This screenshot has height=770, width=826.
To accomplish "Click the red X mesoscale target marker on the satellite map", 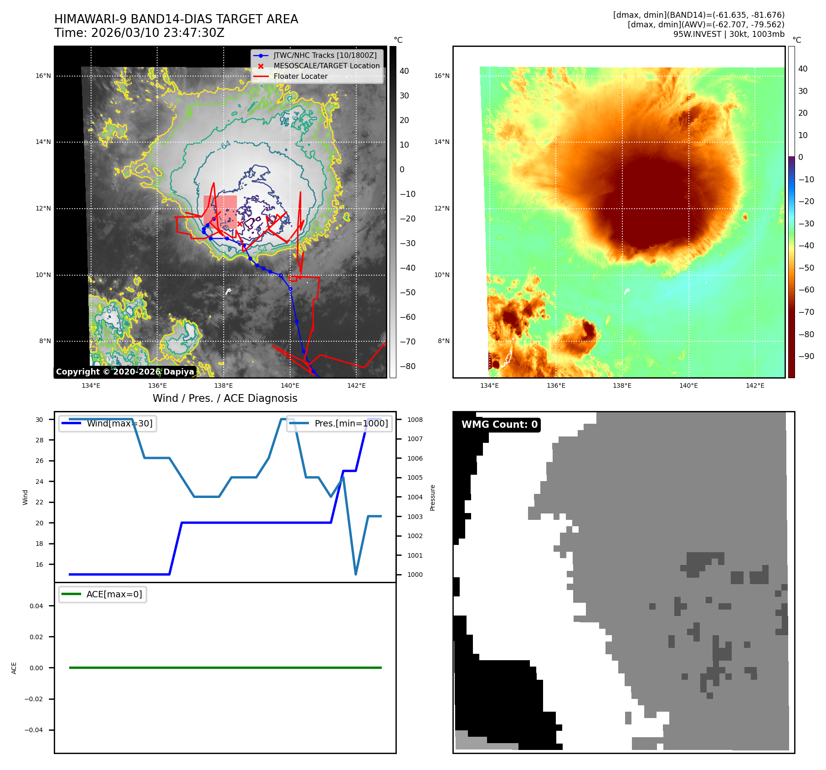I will click(x=240, y=224).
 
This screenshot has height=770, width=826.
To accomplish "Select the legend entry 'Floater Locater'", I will click(x=300, y=77).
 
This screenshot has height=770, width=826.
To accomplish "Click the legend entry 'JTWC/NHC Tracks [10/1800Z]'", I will click(x=325, y=56).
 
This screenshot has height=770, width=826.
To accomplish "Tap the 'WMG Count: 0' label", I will click(x=499, y=425).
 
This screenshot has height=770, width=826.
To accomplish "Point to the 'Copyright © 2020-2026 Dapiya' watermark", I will click(x=125, y=372).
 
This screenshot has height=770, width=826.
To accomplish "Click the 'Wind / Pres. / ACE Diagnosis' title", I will click(x=225, y=398).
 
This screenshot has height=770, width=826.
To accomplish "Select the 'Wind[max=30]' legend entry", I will click(x=119, y=423).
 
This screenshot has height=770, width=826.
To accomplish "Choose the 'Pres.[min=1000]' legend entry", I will click(x=351, y=423).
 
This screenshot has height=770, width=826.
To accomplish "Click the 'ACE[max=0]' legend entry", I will click(x=114, y=594).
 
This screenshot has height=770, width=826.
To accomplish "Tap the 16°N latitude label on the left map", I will click(x=43, y=76).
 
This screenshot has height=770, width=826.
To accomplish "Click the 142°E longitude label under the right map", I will click(x=755, y=385).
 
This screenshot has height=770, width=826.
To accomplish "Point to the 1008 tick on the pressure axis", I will click(x=415, y=420).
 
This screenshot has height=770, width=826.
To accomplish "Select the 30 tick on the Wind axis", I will click(x=40, y=420).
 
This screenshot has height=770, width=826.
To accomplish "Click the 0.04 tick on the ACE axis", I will click(x=36, y=606).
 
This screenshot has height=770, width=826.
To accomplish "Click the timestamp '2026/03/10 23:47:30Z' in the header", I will click(x=158, y=33).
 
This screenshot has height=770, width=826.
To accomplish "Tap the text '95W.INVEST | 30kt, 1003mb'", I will click(x=729, y=34).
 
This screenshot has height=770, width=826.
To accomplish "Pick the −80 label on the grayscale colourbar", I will click(x=407, y=366).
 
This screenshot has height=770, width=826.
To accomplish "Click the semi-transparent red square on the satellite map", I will click(x=220, y=212).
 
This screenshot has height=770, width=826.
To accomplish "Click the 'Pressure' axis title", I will click(x=432, y=498).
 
